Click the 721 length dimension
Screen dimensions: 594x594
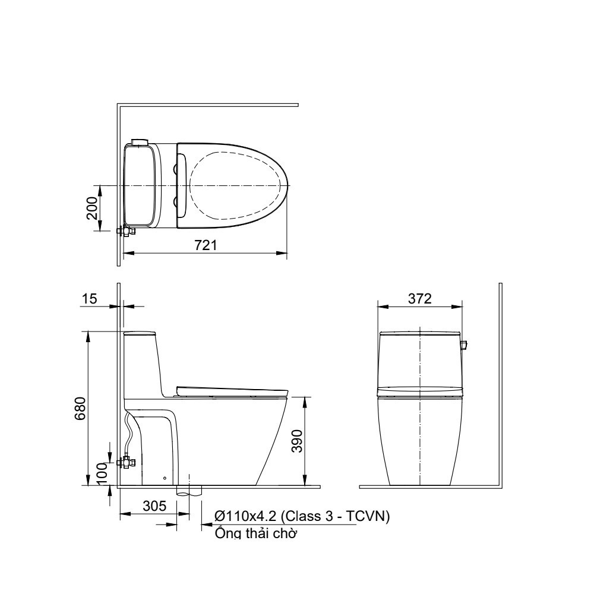[x=206, y=245]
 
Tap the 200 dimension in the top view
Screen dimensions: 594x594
[x=92, y=208]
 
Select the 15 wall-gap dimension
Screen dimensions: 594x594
[x=90, y=299]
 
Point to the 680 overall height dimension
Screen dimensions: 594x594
[x=81, y=409]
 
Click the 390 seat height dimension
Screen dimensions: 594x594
[x=298, y=441]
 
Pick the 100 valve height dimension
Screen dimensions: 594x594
[x=102, y=473]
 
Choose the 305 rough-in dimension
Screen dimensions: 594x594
[x=154, y=505]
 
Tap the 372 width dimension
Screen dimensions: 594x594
[x=420, y=299]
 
